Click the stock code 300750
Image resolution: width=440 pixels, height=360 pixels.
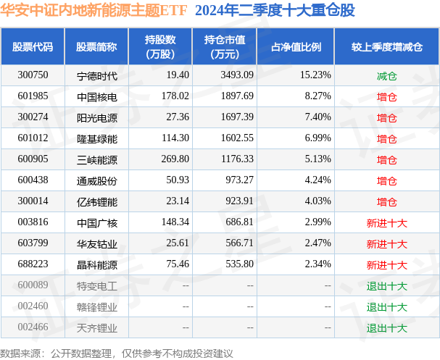coord(33,75)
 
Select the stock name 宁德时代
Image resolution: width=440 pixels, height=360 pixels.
coord(96,75)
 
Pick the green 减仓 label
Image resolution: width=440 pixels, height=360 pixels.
coord(386,75)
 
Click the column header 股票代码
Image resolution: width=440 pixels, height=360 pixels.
coord(33,47)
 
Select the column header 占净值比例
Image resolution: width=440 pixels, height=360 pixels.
coord(296,47)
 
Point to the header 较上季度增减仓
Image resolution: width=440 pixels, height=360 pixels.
coord(386,47)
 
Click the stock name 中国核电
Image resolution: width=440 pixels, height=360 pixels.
coord(96,96)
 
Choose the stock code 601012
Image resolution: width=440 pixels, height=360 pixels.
coord(33,138)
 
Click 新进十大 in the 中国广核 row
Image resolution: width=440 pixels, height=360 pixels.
coord(386,223)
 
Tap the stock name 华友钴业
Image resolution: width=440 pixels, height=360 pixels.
coord(96,244)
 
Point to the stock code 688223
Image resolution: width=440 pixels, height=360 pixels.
coord(33,265)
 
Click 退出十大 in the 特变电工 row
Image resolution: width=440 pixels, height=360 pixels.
coord(386,286)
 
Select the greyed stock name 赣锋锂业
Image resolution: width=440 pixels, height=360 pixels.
coord(96,307)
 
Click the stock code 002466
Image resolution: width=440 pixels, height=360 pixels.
coord(33,328)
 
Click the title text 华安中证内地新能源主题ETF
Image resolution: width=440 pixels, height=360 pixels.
coord(92,12)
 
